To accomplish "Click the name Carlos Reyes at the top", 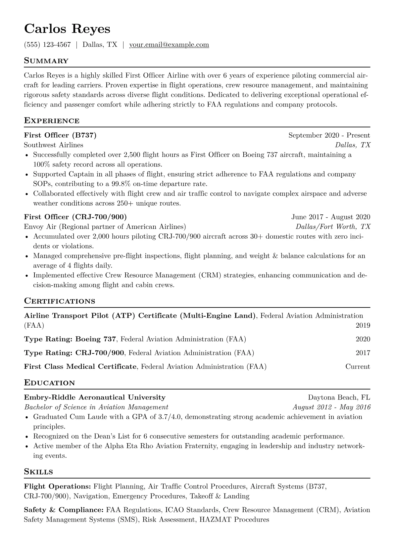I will [x=67, y=29].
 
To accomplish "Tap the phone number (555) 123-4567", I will [x=47, y=45].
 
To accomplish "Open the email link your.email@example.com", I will [x=169, y=45].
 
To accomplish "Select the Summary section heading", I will [x=46, y=61].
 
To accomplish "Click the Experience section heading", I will [x=52, y=120].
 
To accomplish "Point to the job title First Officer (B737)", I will [x=60, y=135].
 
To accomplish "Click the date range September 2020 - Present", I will [x=329, y=135].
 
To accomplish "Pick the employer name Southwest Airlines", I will [x=54, y=145].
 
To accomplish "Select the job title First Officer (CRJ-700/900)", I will [x=75, y=217].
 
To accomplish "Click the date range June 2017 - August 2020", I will [x=330, y=217].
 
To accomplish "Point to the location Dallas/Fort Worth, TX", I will [x=333, y=227].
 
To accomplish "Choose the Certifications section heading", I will [x=60, y=301].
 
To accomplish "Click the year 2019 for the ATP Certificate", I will [x=363, y=325].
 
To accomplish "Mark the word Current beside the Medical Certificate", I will [x=358, y=366].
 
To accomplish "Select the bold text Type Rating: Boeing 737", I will [x=70, y=339].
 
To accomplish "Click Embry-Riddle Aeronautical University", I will [x=95, y=397].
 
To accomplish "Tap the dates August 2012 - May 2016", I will [x=331, y=407].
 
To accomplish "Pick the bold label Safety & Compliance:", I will [x=64, y=510].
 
